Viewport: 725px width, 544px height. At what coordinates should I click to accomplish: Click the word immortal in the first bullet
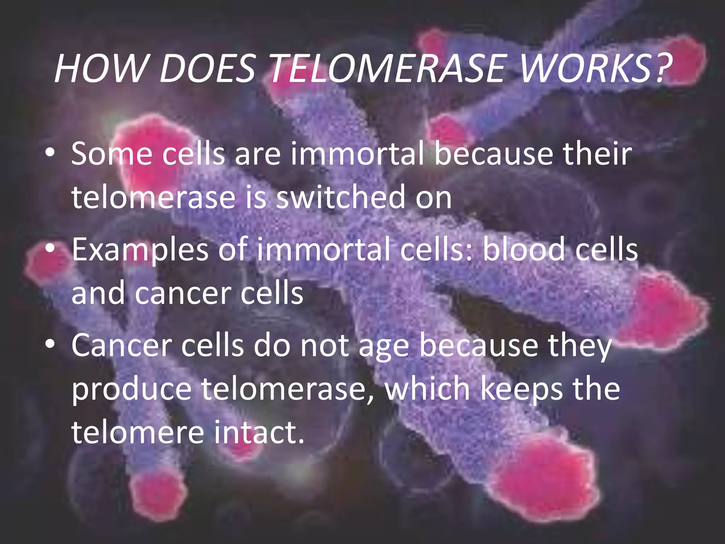(x=358, y=154)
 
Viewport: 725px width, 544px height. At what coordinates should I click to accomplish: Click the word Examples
(x=140, y=250)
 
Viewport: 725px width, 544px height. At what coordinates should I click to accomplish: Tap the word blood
(x=524, y=250)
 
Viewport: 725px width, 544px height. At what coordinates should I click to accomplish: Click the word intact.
(x=259, y=432)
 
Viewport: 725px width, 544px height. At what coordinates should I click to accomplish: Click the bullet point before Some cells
(x=50, y=154)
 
